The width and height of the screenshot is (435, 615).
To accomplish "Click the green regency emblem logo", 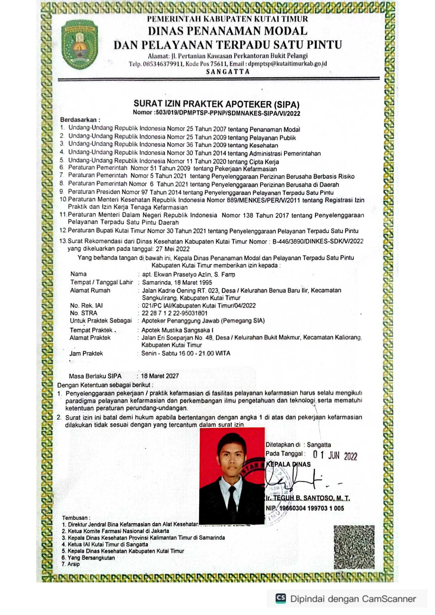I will click(x=79, y=44).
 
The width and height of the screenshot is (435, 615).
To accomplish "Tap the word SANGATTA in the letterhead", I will click(x=228, y=72).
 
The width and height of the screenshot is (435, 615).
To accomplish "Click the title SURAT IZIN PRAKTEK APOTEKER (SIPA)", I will click(x=216, y=104).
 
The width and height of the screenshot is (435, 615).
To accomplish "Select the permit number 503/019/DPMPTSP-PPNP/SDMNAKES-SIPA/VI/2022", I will click(x=228, y=113).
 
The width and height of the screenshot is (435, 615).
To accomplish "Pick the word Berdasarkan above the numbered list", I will click(x=78, y=120).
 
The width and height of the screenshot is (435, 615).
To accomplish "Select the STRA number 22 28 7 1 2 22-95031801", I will click(x=174, y=313).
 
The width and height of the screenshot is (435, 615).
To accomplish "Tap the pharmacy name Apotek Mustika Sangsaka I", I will click(x=177, y=330).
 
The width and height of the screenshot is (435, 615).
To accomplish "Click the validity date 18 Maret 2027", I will click(x=160, y=376).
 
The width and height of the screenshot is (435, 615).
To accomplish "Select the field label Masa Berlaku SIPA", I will click(x=95, y=376).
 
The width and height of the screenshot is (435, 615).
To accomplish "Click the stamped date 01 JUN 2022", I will click(x=335, y=455).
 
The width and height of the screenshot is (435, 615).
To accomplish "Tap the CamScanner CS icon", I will click(x=281, y=598).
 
